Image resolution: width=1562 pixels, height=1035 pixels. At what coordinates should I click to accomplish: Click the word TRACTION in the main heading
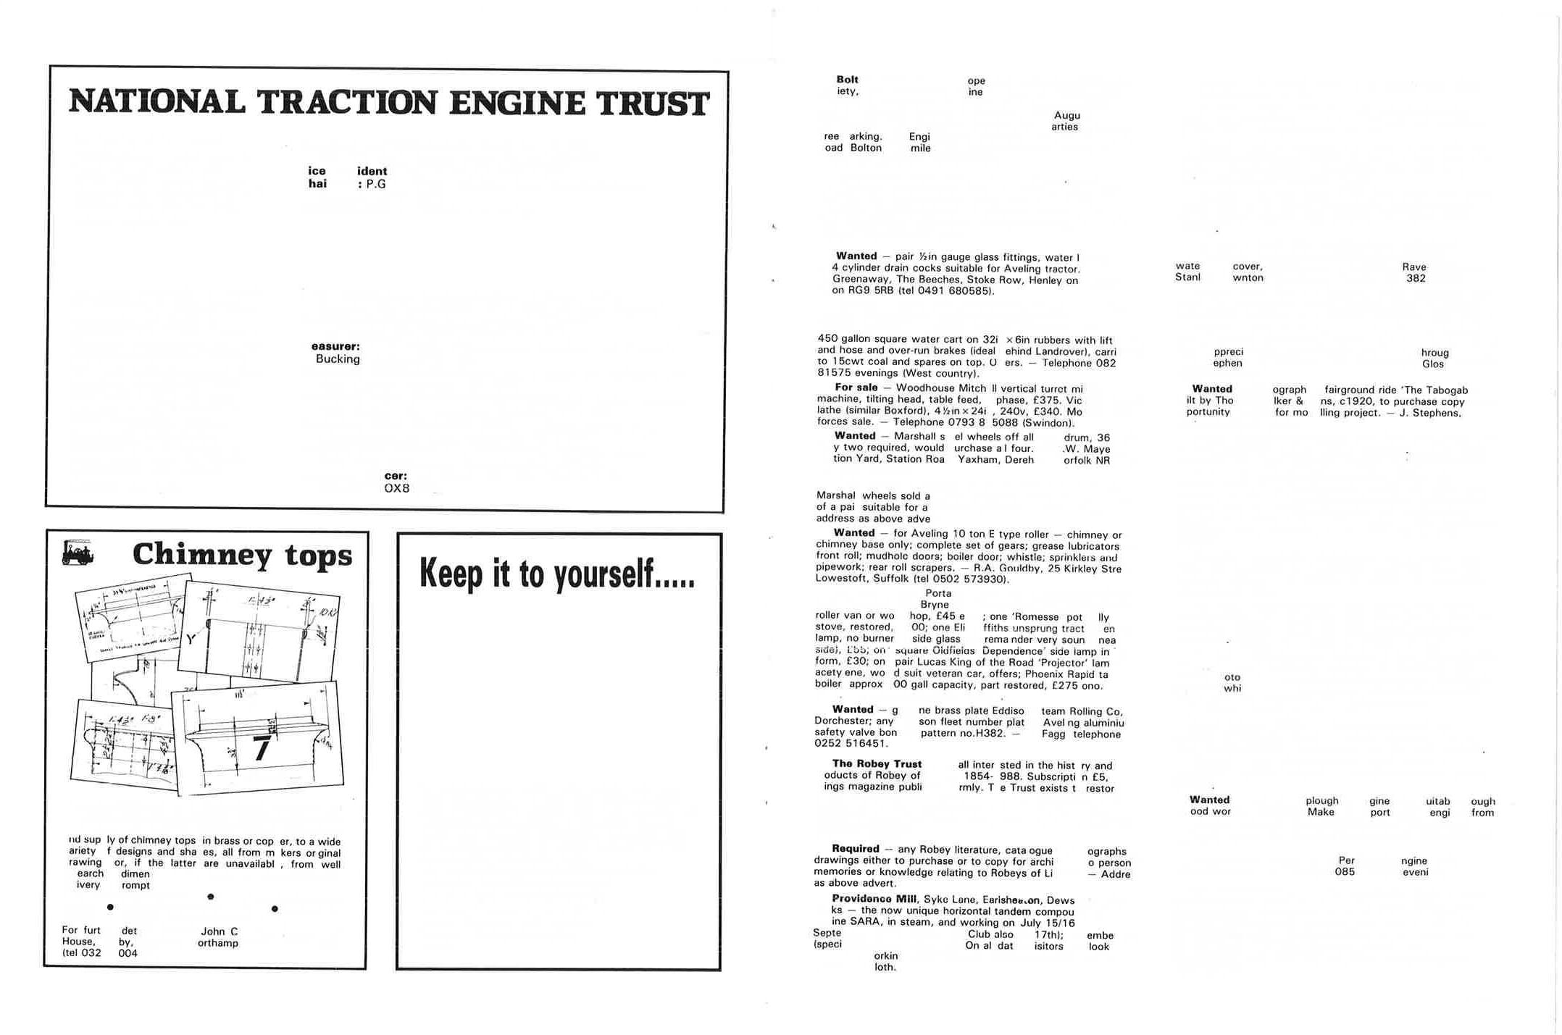[346, 102]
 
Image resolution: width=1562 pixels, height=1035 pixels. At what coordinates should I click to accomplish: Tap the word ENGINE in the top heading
[517, 103]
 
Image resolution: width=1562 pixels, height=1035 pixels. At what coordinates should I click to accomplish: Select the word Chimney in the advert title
[202, 555]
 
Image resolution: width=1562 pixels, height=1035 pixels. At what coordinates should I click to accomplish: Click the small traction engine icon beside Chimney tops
[78, 552]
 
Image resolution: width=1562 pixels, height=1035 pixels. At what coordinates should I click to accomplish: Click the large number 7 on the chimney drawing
[262, 748]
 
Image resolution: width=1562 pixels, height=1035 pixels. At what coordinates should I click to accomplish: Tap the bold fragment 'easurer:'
[335, 346]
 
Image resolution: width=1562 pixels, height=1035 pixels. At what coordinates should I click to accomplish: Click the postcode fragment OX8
[396, 488]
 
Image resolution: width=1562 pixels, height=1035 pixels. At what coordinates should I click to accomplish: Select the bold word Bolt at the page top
[847, 80]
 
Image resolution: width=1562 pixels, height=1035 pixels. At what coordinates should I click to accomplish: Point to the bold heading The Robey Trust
[877, 763]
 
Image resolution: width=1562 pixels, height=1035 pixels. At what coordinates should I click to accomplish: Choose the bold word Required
[856, 848]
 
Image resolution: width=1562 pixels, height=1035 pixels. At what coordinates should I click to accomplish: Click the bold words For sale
[856, 387]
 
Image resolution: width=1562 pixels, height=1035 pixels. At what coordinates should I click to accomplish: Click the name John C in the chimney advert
[219, 931]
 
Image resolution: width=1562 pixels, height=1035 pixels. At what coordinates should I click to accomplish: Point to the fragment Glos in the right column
[1432, 364]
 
